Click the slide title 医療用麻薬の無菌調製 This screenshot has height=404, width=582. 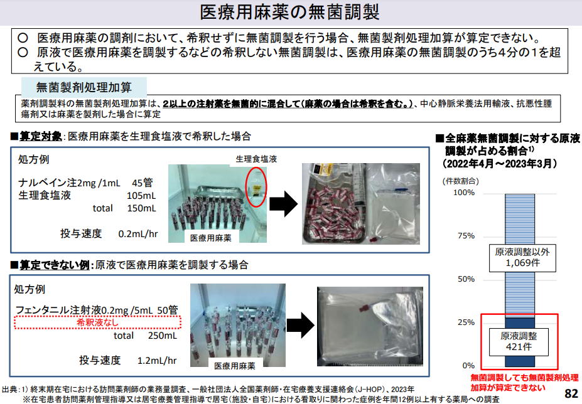(x=289, y=13)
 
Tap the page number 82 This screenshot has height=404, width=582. (x=571, y=393)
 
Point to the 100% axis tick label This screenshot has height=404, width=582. (x=464, y=193)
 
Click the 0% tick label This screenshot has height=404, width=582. (x=468, y=366)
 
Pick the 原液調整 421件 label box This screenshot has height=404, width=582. (x=519, y=341)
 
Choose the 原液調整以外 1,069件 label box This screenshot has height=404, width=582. (x=522, y=258)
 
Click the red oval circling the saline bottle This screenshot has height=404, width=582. (x=256, y=188)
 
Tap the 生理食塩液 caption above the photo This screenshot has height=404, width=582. (x=256, y=159)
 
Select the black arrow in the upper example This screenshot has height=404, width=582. (x=284, y=204)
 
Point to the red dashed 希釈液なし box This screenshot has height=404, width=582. (x=97, y=322)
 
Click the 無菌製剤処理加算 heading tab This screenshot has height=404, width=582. (x=84, y=88)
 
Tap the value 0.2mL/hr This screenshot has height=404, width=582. (x=138, y=234)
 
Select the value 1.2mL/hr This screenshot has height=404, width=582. (x=157, y=361)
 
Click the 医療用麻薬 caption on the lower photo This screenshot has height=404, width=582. (x=235, y=366)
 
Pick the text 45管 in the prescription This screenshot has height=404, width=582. (x=142, y=183)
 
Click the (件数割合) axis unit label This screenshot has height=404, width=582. (x=461, y=181)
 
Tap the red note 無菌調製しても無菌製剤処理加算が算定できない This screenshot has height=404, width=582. (x=524, y=383)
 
